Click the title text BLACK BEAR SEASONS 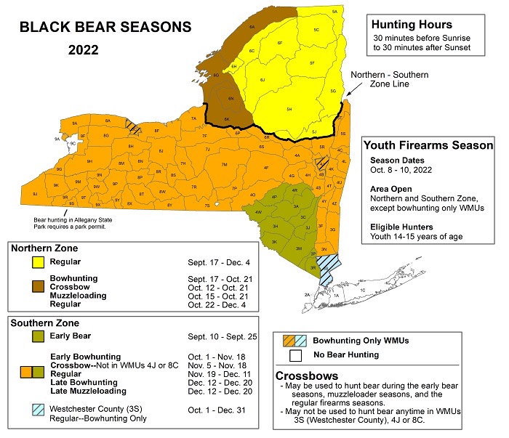(105, 28)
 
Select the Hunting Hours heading (411, 24)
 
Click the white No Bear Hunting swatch (294, 355)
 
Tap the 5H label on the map (289, 110)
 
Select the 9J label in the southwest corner (34, 195)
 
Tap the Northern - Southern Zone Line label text (389, 79)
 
